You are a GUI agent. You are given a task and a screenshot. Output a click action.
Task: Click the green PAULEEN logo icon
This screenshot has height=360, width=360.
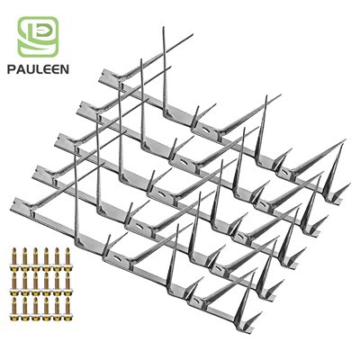coord(38,37)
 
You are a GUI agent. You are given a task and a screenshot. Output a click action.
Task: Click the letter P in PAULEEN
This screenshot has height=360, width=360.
coord(12,69)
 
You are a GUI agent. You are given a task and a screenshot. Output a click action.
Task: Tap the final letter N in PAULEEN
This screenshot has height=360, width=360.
coord(64,69)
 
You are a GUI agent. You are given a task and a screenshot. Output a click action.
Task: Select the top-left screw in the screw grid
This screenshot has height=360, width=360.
coord(14,257)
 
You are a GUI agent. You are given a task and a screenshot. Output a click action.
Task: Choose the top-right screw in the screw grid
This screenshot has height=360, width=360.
coord(67,257)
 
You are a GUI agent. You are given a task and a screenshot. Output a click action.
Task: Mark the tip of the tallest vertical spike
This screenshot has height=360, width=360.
coord(164,27)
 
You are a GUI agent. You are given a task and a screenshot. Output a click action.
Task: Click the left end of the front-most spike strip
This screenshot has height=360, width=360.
coord(13,205)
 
